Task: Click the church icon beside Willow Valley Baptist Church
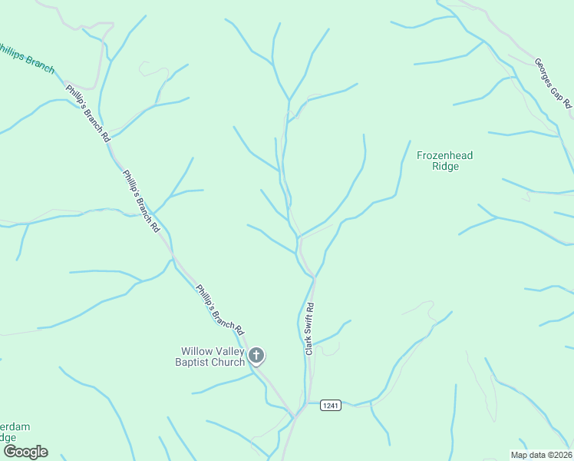[257, 355]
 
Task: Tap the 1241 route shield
[330, 405]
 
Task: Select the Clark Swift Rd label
[310, 328]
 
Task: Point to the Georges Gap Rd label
[553, 82]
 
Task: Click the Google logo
[25, 452]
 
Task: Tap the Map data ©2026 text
[541, 455]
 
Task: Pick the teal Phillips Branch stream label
[27, 58]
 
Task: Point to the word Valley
[229, 351]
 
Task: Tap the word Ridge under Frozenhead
[445, 166]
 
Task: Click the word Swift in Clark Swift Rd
[310, 326]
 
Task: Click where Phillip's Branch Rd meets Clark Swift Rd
[295, 415]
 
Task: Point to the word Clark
[308, 343]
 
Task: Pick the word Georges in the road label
[545, 71]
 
